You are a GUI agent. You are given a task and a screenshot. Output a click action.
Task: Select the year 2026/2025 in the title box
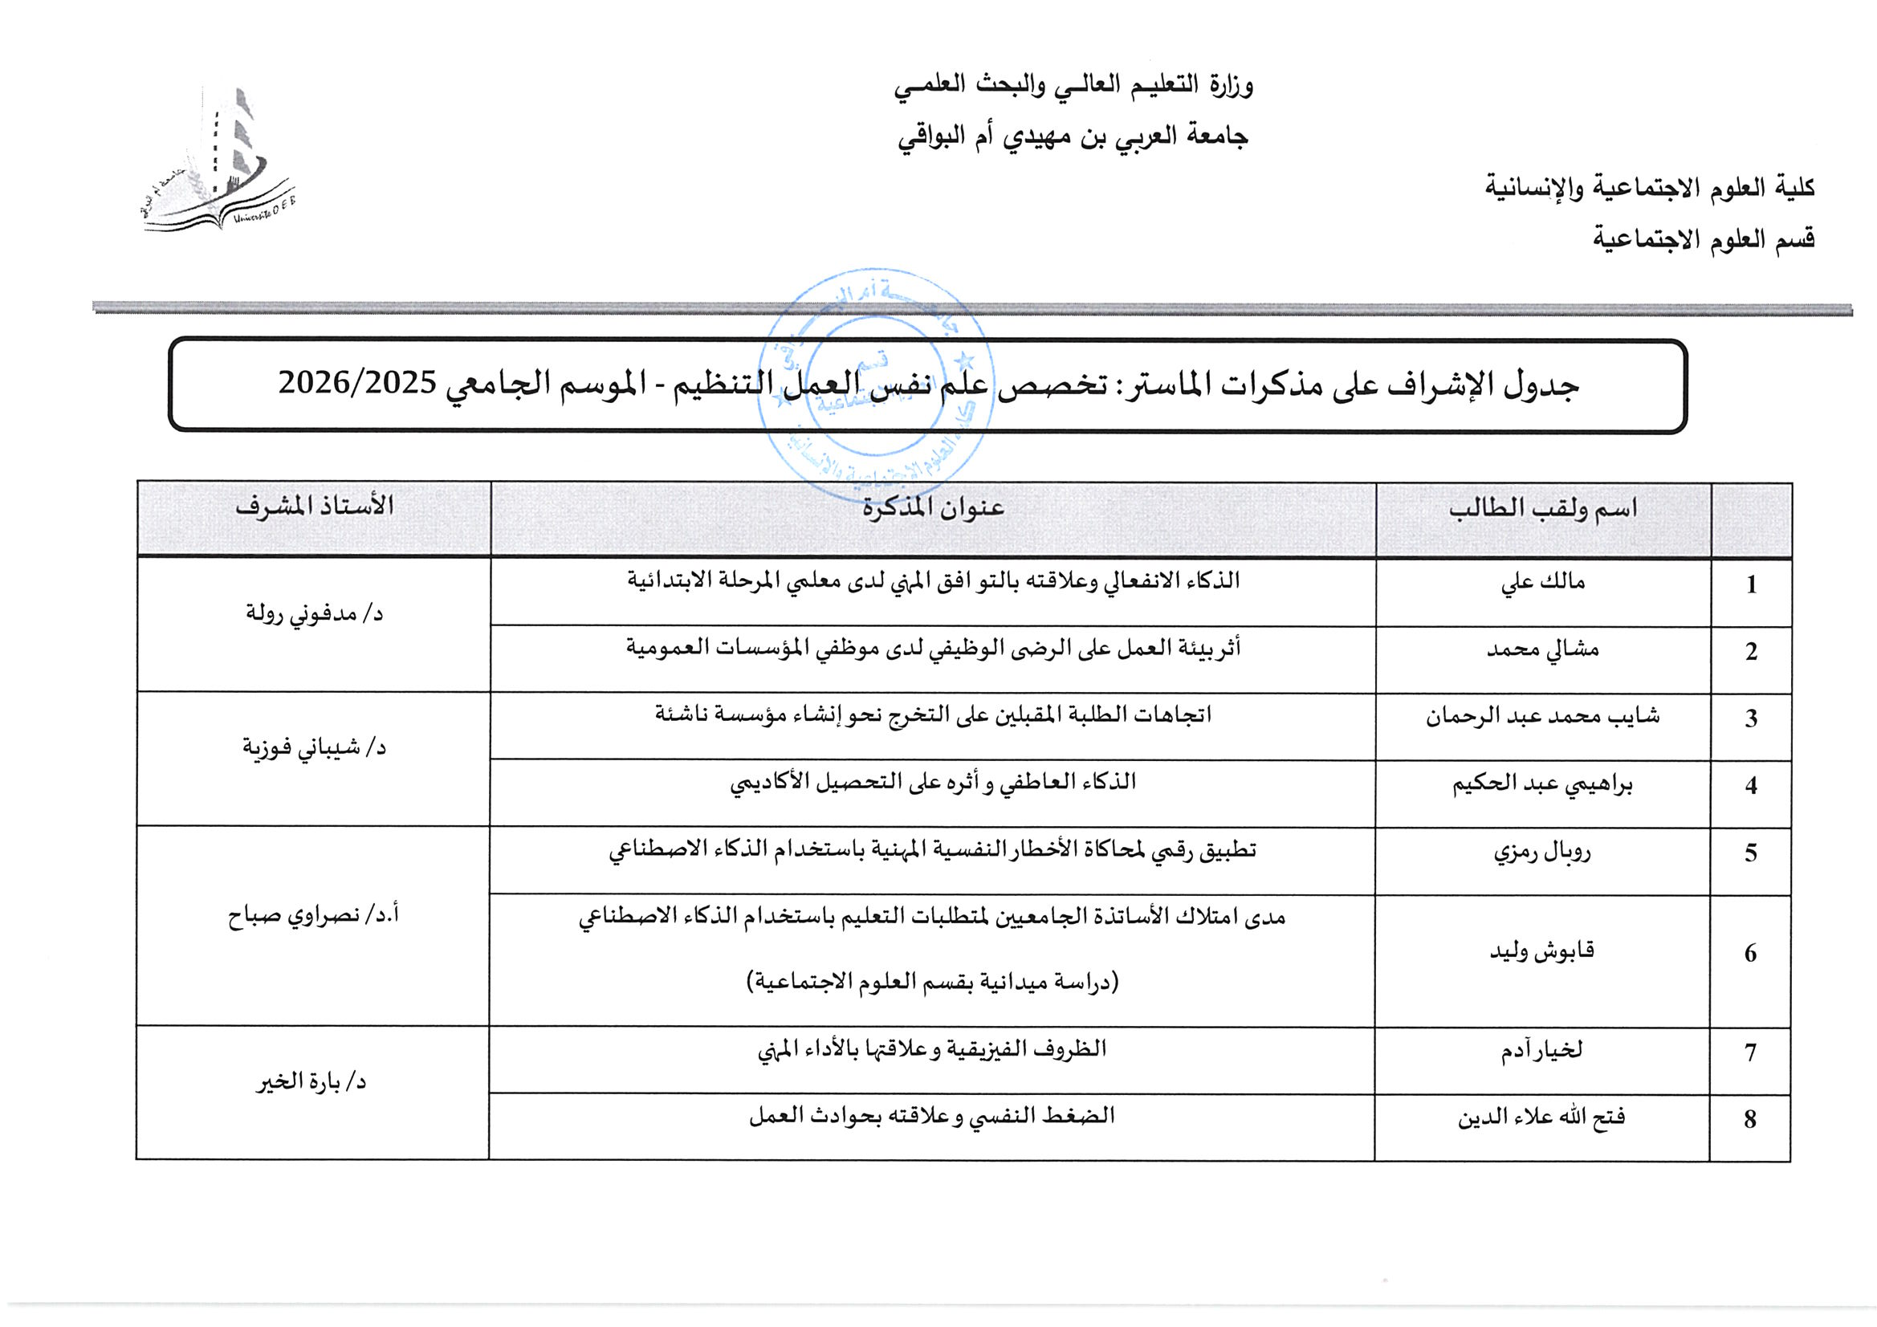point(357,383)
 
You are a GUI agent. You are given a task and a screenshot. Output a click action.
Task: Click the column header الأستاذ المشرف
point(315,507)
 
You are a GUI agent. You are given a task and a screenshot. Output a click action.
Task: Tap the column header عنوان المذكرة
point(933,508)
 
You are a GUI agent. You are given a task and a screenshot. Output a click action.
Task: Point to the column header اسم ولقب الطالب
point(1543,508)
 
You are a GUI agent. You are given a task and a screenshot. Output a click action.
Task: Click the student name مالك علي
point(1543,582)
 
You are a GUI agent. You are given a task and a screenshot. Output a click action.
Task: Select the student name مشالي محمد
point(1543,650)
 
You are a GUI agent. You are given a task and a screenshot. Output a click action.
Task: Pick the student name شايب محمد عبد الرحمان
point(1543,717)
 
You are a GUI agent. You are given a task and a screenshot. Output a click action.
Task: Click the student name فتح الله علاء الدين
point(1543,1117)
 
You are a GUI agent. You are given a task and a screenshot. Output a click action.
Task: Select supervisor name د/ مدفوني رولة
point(315,613)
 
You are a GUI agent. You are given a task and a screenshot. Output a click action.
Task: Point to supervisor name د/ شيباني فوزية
point(315,747)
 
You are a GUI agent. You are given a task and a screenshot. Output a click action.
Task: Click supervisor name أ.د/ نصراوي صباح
point(315,916)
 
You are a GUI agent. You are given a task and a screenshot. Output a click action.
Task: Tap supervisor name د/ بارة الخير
point(311,1083)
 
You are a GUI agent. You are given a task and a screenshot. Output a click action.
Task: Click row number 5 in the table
point(1750,853)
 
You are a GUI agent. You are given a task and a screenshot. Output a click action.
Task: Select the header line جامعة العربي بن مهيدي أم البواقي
point(1073,136)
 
